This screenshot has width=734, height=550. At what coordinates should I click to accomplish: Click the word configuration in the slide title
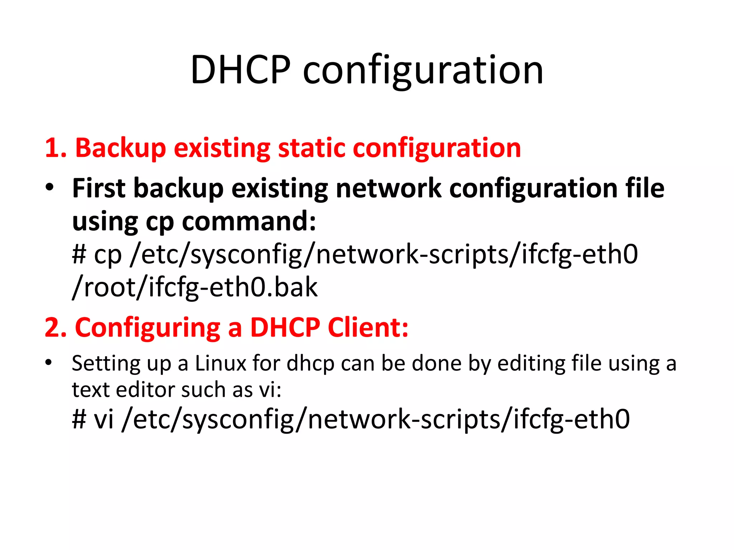pos(423,71)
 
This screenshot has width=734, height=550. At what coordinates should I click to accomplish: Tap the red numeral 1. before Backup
pos(56,148)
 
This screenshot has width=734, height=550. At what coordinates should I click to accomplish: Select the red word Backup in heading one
pos(120,148)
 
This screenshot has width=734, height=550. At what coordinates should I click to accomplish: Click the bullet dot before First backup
pos(49,187)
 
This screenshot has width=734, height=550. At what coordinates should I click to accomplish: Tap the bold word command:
pos(249,221)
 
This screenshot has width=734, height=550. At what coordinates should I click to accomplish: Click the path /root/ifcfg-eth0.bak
pos(195,287)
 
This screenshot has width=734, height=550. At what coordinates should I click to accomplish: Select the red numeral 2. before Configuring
pos(56,327)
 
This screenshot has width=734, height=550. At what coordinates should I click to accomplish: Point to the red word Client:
pos(368,327)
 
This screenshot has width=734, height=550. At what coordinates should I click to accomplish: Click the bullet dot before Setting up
pos(49,362)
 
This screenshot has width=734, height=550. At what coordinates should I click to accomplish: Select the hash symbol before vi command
pos(79,419)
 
